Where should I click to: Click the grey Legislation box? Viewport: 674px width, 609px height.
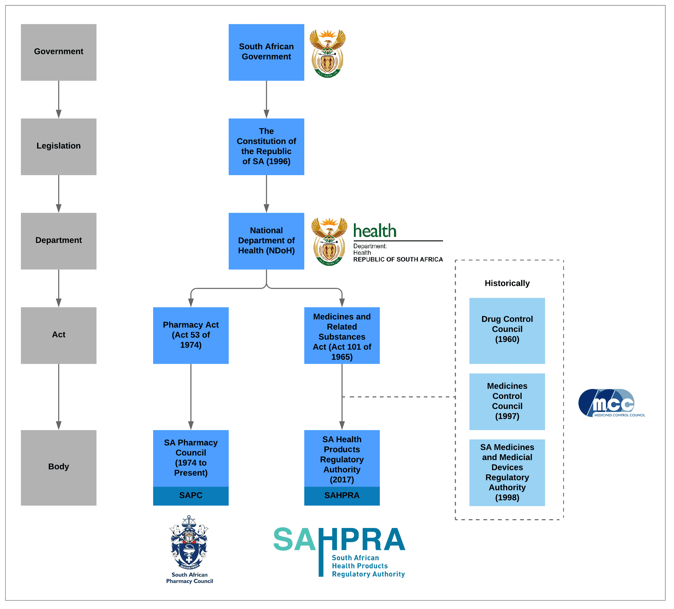point(59,147)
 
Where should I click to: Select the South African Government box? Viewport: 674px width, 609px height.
point(266,52)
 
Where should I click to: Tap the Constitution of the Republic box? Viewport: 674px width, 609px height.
point(266,147)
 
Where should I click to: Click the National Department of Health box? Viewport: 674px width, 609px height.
point(266,241)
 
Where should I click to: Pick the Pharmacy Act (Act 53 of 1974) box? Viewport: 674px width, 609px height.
point(191,335)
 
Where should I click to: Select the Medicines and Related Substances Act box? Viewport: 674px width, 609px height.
point(342,335)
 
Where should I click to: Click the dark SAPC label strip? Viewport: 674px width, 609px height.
point(191,496)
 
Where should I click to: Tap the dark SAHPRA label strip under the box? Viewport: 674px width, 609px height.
point(342,496)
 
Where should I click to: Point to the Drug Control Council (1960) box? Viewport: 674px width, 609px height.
point(507,330)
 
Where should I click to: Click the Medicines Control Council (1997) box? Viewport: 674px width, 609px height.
point(507,401)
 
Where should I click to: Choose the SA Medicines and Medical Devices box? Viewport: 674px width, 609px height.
point(507,473)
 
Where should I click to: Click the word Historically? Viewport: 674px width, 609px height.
point(507,283)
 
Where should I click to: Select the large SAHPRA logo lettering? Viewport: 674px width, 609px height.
point(339,541)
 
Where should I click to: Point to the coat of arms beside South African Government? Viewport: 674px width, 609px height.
point(328,53)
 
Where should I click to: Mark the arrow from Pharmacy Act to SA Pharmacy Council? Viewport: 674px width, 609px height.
point(191,396)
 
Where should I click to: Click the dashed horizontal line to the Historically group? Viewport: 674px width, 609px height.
point(398,397)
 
